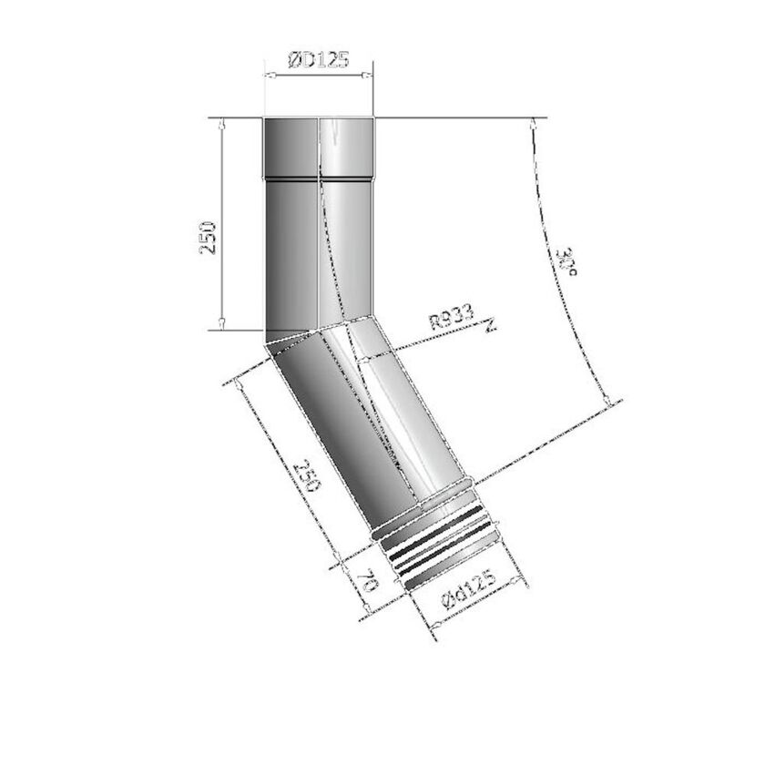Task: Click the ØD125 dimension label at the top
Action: [x=318, y=61]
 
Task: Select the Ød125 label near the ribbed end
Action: [x=466, y=589]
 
